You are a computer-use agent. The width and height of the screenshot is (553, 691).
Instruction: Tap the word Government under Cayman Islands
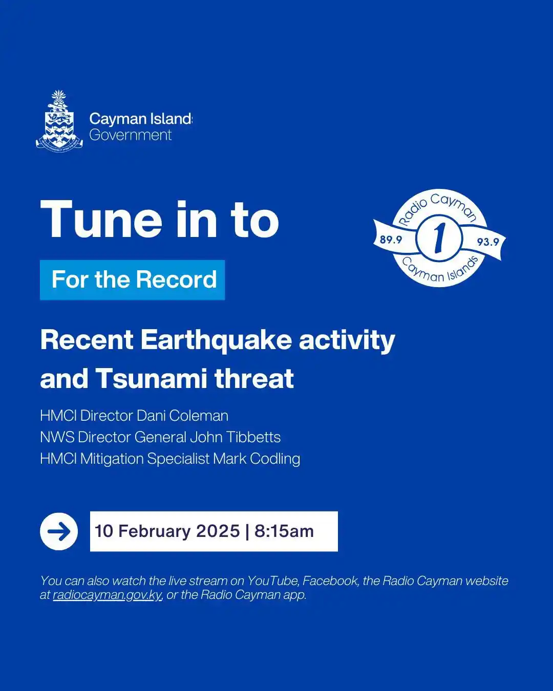(131, 135)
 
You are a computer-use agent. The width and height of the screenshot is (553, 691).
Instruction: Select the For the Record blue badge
(133, 280)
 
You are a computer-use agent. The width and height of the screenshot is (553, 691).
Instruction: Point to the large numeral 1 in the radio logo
(439, 239)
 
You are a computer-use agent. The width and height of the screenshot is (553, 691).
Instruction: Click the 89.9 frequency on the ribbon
(391, 240)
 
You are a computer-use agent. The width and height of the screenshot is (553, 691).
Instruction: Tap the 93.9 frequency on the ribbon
(487, 242)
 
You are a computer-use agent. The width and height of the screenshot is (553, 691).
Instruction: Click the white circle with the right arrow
(59, 531)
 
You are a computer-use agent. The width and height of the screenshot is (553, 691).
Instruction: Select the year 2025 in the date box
(219, 531)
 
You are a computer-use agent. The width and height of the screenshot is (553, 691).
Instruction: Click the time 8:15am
(284, 531)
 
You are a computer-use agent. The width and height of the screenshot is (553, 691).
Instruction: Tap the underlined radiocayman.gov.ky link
(108, 595)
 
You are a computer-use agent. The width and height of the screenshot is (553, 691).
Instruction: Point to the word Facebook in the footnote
(330, 581)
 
